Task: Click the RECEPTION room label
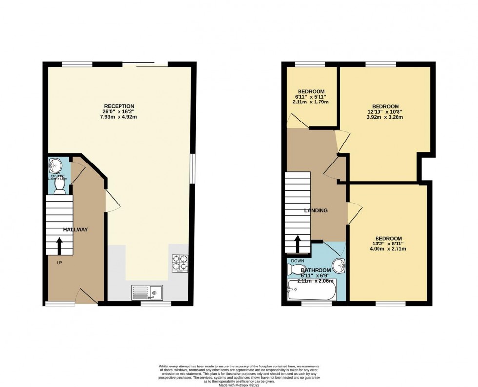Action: click(x=119, y=106)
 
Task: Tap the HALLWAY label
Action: click(x=75, y=230)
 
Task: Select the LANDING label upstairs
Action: click(x=316, y=211)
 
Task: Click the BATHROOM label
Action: click(x=316, y=270)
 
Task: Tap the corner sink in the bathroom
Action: click(x=340, y=265)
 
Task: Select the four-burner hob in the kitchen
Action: click(x=179, y=264)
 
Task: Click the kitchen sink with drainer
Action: click(x=148, y=293)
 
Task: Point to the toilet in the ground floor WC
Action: click(x=60, y=186)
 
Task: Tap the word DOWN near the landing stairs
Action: click(x=298, y=261)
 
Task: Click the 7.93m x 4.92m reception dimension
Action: click(x=119, y=117)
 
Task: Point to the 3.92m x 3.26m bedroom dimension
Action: click(x=385, y=118)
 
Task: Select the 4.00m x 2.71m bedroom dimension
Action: click(x=388, y=249)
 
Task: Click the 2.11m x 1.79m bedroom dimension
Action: click(x=311, y=102)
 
